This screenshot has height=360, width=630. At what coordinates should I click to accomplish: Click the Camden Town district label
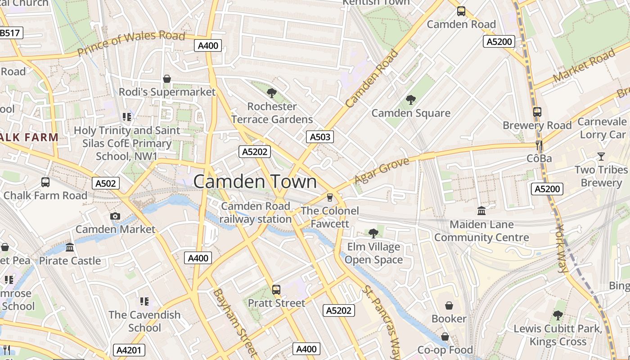255,182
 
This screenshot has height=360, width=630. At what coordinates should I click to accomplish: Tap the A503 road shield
320,137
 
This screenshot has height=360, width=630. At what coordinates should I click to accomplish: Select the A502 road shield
106,183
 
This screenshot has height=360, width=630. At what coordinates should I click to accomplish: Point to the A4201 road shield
129,350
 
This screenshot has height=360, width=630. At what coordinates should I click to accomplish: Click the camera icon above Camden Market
115,216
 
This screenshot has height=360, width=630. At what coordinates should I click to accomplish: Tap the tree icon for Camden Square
410,99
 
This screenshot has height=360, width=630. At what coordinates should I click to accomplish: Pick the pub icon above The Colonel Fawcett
330,198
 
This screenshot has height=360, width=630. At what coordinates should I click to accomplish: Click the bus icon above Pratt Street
276,290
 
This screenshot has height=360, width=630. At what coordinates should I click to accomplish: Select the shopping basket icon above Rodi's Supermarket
167,79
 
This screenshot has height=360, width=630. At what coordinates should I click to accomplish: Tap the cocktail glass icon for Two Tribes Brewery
601,156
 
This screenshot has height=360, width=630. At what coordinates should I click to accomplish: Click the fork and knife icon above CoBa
539,145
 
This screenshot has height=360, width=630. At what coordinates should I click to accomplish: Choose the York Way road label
562,248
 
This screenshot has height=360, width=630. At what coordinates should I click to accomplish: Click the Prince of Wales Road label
131,43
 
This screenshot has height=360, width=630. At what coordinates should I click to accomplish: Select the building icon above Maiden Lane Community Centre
481,211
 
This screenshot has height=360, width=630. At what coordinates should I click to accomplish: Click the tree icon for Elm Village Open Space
373,233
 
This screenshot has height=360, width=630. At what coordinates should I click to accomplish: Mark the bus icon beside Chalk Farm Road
45,182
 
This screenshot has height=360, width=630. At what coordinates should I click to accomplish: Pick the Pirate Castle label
70,261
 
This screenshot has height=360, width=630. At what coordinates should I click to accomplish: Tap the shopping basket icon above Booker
449,306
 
